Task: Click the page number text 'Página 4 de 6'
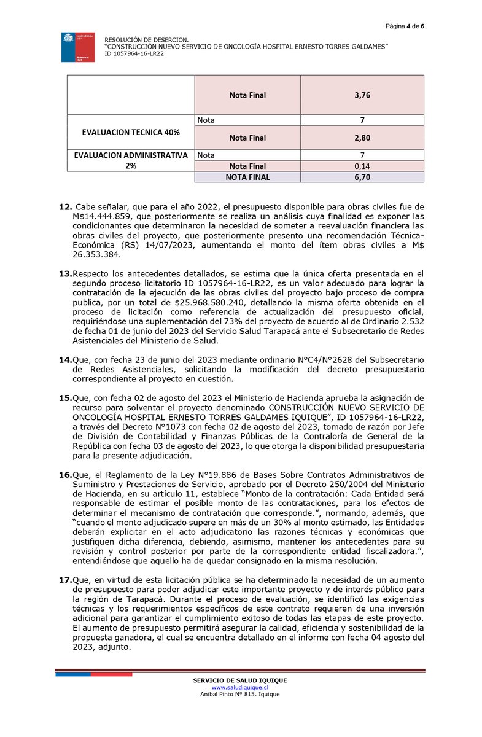405,26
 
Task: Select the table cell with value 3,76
362,95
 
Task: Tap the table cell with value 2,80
362,138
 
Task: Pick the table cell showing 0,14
362,166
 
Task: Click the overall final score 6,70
362,177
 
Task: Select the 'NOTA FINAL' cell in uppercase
247,177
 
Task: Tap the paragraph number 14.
64,359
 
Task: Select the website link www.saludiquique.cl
240,687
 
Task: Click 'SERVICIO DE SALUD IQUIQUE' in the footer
240,680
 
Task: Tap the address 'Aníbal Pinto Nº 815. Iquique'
240,694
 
